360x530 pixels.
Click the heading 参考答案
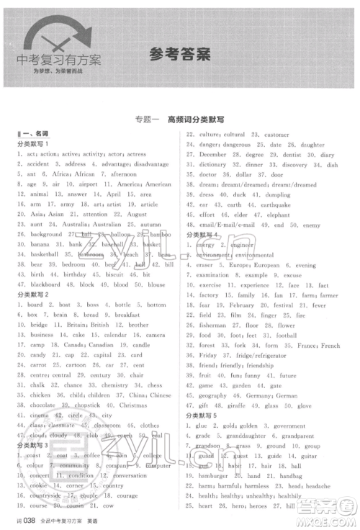180,52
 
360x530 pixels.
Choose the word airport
87,184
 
